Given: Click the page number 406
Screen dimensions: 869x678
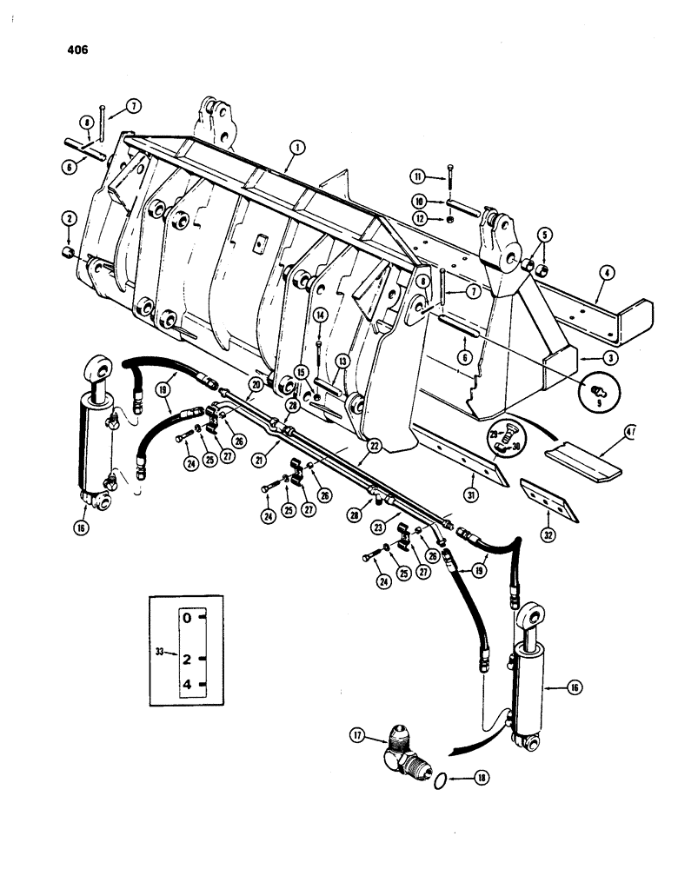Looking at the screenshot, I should (x=76, y=50).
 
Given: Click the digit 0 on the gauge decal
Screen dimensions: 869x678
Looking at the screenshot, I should (x=187, y=619).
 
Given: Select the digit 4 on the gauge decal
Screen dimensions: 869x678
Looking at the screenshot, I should (x=187, y=685).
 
